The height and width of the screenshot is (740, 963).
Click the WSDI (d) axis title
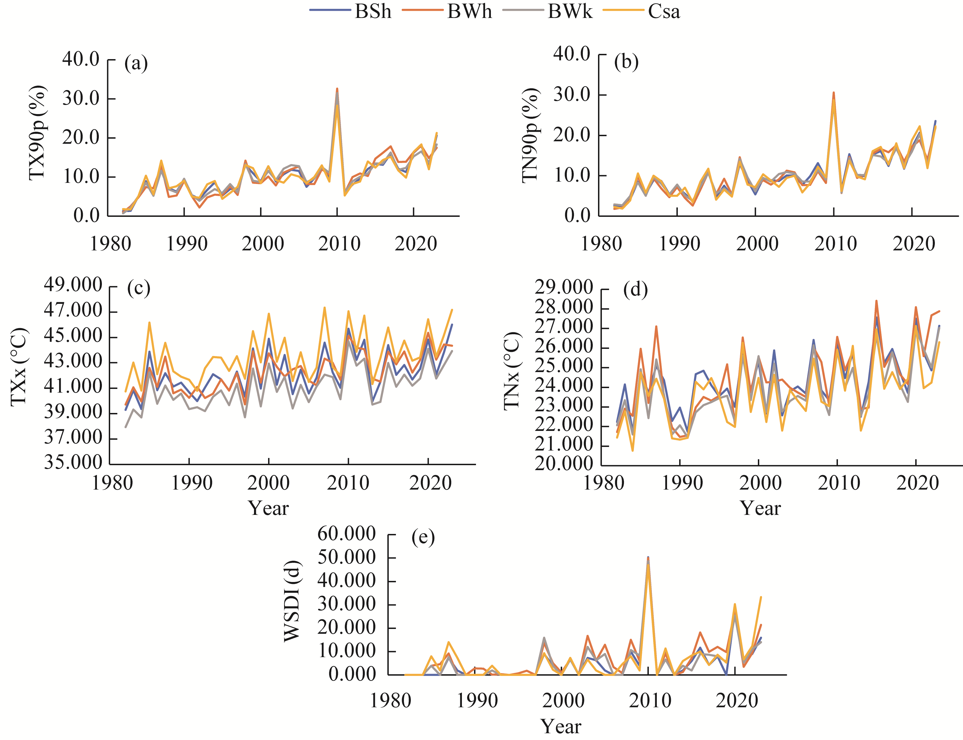click(292, 602)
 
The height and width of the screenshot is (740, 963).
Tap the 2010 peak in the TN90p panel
click(834, 93)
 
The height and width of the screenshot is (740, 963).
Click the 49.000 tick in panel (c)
click(73, 285)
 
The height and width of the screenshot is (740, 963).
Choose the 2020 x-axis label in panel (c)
click(430, 483)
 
